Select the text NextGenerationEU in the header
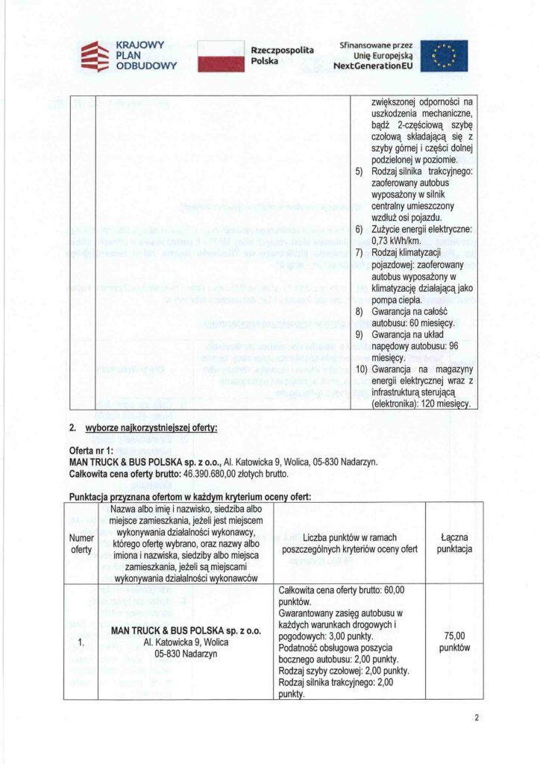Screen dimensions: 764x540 373,66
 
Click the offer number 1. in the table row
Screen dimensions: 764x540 81,642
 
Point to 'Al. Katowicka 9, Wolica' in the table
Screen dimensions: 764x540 186,642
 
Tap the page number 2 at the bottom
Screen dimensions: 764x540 476,718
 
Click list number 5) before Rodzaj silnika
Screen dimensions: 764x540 359,172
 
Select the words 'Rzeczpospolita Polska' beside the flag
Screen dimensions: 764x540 282,54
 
